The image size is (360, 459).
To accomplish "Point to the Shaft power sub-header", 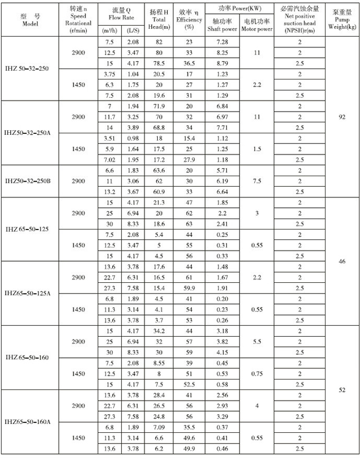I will (222, 26).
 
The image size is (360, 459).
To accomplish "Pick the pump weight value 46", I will (342, 261).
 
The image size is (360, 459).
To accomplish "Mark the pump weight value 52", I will (342, 389).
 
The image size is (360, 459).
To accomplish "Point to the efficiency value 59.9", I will (189, 288).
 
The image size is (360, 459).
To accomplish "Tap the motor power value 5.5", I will (257, 341).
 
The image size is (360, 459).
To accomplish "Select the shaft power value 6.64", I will (222, 191).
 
